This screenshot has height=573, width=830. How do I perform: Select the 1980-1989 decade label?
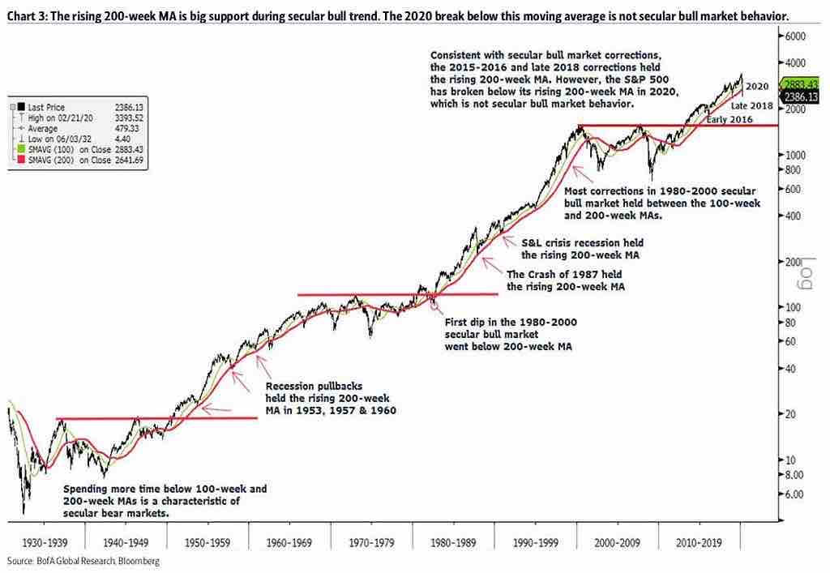click(x=453, y=541)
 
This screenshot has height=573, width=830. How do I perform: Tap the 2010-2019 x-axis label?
click(x=699, y=541)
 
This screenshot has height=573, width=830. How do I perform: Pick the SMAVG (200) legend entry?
click(x=60, y=160)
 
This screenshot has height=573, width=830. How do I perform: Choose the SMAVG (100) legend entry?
click(x=60, y=150)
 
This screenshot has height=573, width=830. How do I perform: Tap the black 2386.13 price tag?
click(x=802, y=97)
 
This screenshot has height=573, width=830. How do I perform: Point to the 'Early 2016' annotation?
click(x=729, y=120)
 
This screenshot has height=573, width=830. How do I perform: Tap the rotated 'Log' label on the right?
click(x=807, y=270)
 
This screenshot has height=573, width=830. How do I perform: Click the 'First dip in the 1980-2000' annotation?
click(x=511, y=322)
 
